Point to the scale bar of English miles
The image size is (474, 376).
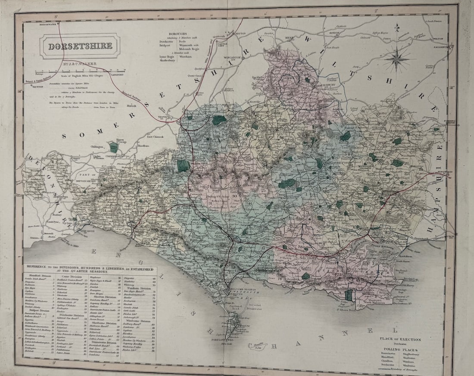tap(81, 69)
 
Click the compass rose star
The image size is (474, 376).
tap(397, 59)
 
